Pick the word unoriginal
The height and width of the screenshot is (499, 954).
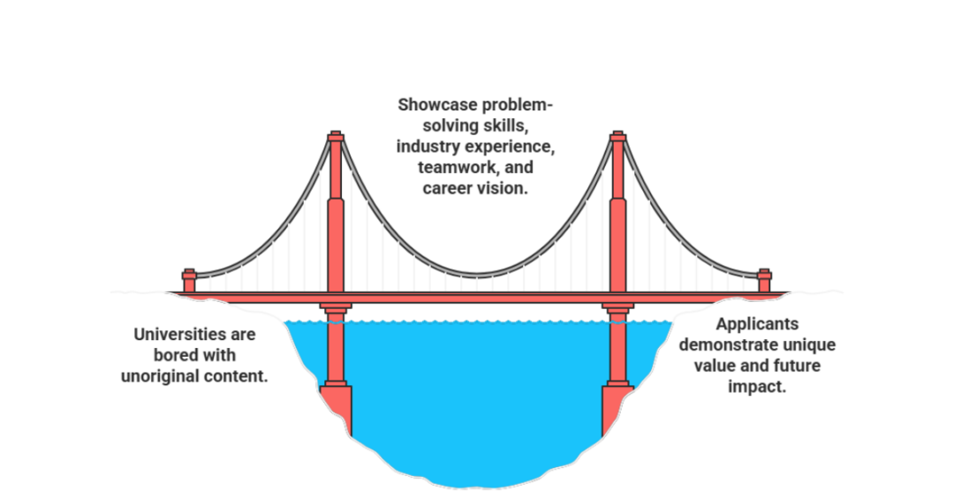coord(160,376)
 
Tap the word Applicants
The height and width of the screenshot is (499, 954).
coord(757,324)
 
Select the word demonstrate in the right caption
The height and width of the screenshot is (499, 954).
coord(720,345)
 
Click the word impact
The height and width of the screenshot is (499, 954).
coord(757,387)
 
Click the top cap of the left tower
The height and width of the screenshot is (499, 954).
coord(336,136)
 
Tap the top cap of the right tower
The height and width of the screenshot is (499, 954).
coord(618,136)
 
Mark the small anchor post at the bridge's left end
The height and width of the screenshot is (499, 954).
coord(189,281)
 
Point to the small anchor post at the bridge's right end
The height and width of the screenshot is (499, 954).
coord(765,281)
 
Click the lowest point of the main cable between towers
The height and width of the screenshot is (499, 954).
coord(477,275)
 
